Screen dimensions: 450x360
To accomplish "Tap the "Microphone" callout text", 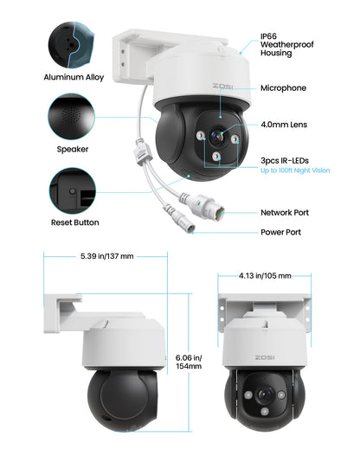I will [282, 88].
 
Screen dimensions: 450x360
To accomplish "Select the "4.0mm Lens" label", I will [284, 125].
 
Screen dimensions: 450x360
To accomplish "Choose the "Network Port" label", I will [285, 212].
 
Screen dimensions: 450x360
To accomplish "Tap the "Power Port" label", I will [280, 232].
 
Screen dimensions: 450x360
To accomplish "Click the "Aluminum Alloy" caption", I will [74, 77].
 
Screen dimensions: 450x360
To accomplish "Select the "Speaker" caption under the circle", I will [74, 149].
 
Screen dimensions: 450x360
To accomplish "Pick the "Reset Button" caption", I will [74, 222].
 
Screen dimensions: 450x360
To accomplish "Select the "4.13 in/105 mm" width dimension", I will [264, 276].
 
